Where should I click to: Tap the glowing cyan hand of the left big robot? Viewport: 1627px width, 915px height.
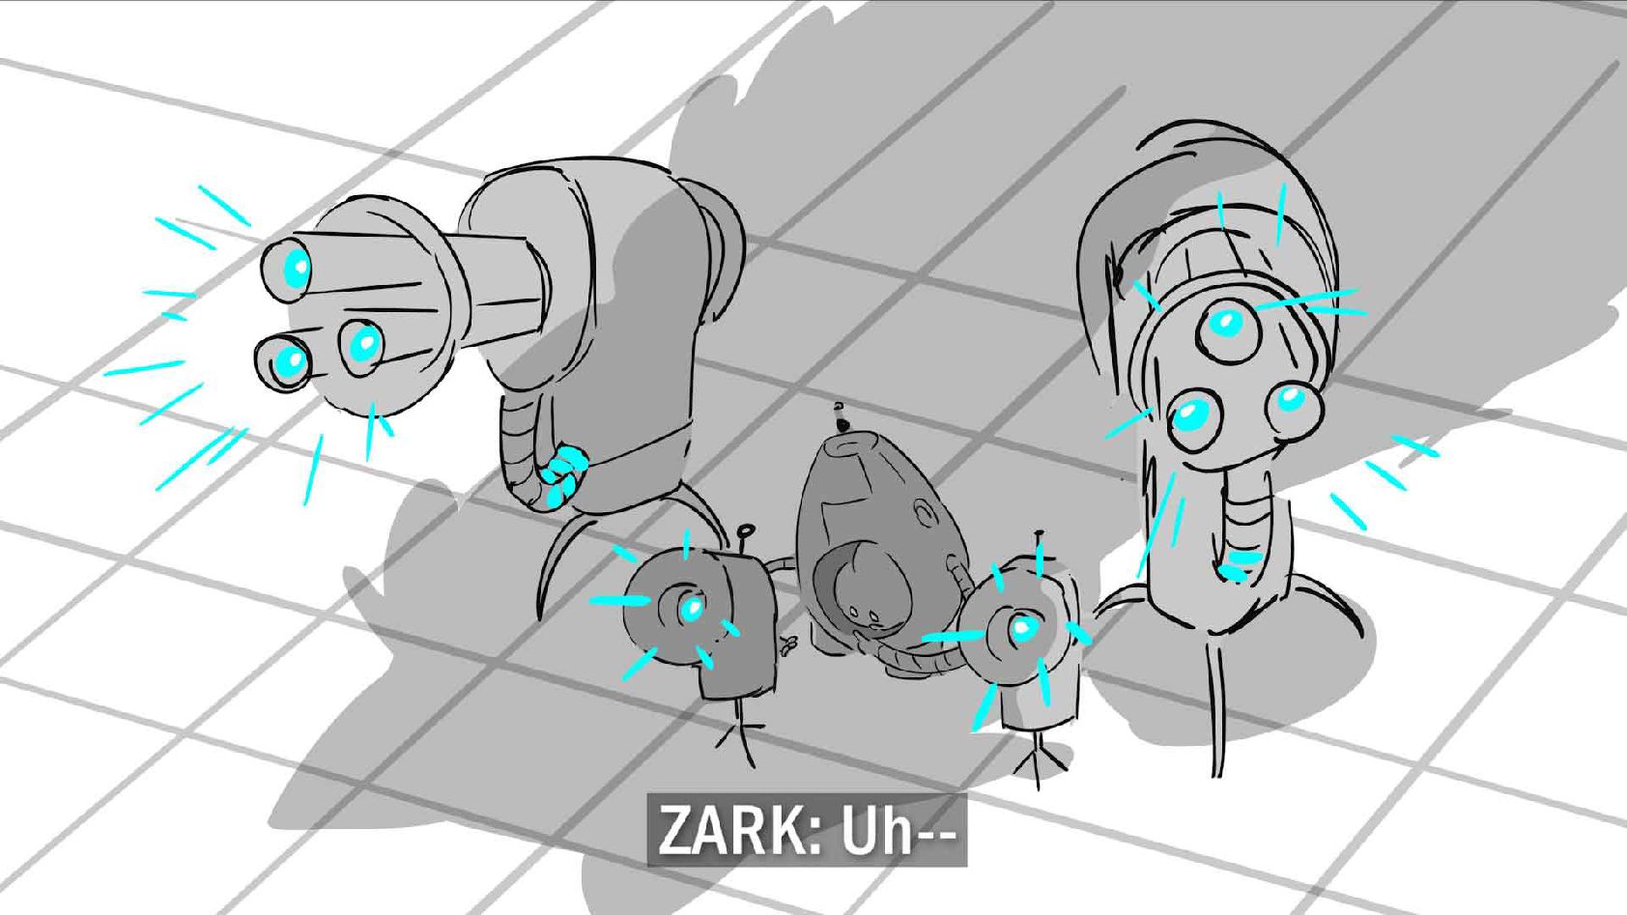(563, 474)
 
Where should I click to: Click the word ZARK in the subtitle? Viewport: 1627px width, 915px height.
(735, 830)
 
